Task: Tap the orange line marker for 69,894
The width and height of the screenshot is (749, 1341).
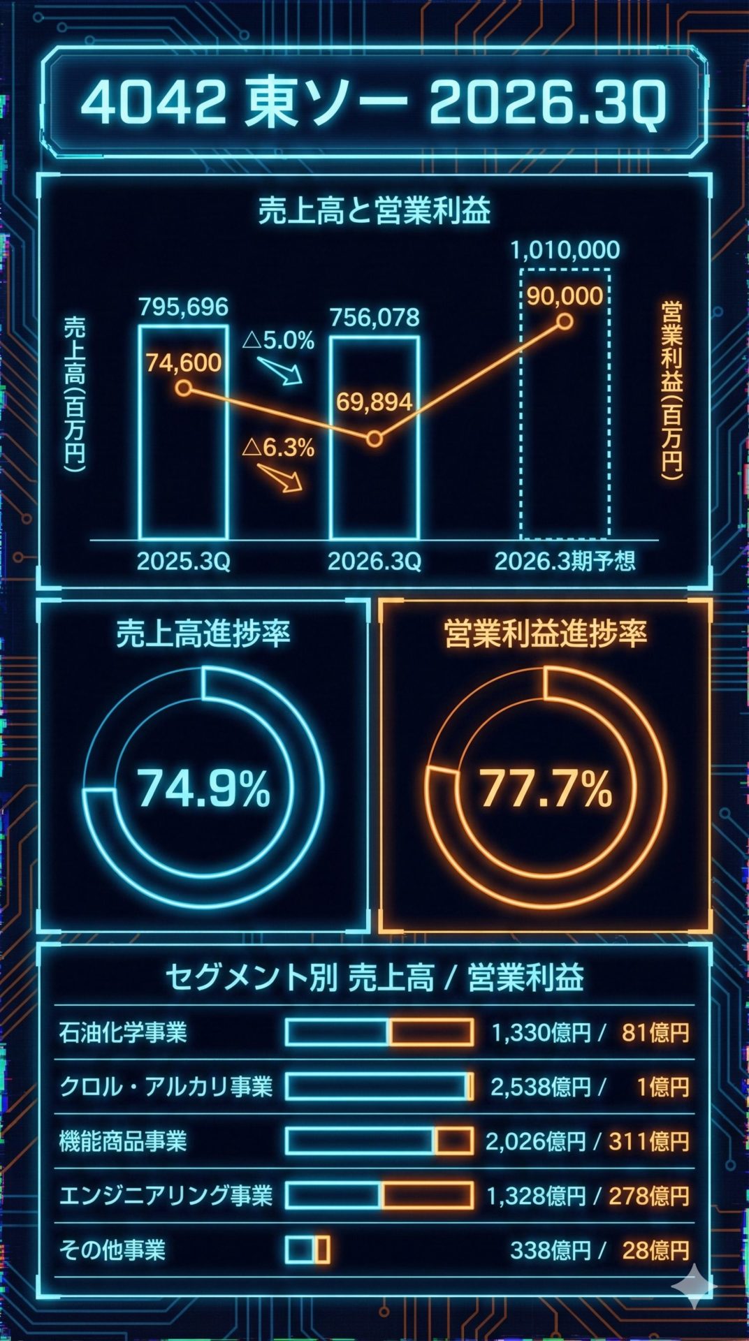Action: tap(374, 439)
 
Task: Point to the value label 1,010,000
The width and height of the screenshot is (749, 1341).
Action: tap(565, 250)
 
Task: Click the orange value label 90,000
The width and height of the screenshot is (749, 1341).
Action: tap(565, 296)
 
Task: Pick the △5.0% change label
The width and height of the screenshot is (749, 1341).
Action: tap(278, 341)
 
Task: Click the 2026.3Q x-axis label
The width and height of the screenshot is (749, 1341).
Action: tap(374, 562)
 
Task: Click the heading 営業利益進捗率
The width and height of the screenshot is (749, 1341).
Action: tap(545, 633)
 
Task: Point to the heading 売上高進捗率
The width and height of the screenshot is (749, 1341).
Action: tap(203, 633)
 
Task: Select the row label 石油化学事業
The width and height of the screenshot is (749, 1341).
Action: tap(123, 1032)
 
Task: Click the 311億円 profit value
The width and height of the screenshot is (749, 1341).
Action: tap(649, 1141)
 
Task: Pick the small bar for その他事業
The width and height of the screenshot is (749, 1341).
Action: tap(307, 1250)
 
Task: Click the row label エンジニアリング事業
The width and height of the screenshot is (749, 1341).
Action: tap(166, 1196)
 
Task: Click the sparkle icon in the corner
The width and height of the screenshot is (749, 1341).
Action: tap(694, 1286)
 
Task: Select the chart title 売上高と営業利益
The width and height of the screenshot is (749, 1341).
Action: tap(374, 210)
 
